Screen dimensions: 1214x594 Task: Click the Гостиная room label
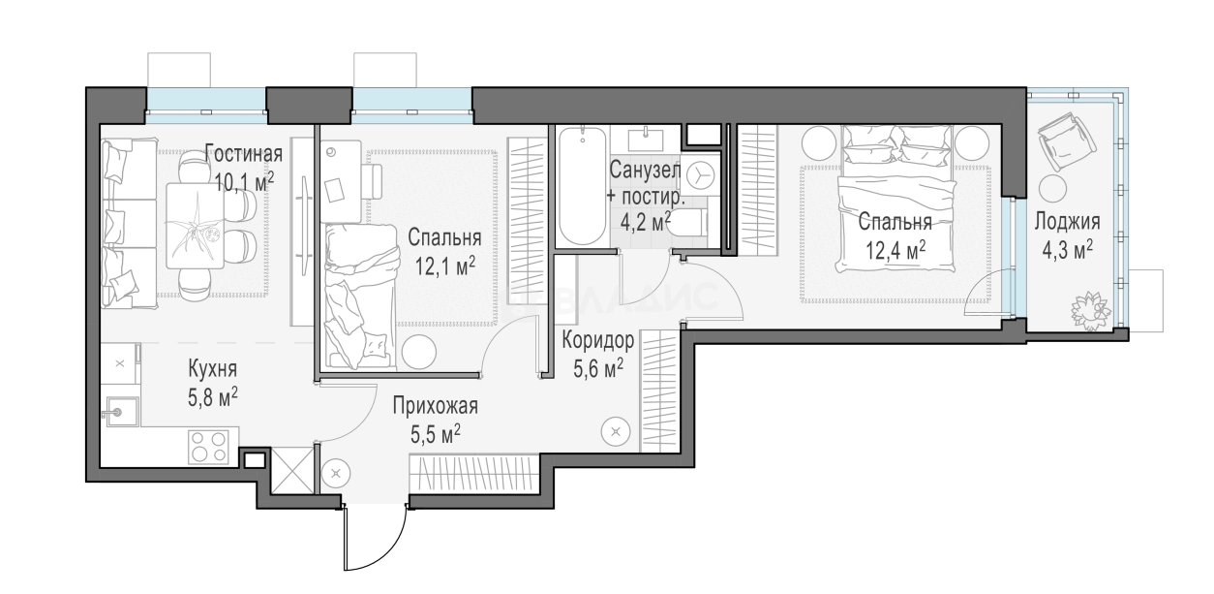coord(244,154)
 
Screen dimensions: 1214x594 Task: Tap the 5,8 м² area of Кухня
coord(212,398)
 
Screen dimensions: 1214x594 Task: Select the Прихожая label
coord(436,406)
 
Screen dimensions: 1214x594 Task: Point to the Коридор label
coord(597,341)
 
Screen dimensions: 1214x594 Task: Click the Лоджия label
coord(1067,222)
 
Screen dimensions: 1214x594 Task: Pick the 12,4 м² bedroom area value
coord(895,250)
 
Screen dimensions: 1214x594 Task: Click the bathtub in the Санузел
coord(582,187)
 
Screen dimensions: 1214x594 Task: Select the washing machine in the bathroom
coord(700,175)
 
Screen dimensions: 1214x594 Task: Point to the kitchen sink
coord(120,412)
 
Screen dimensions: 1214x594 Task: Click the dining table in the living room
coord(196,226)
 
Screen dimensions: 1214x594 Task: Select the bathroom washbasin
coord(646,139)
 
